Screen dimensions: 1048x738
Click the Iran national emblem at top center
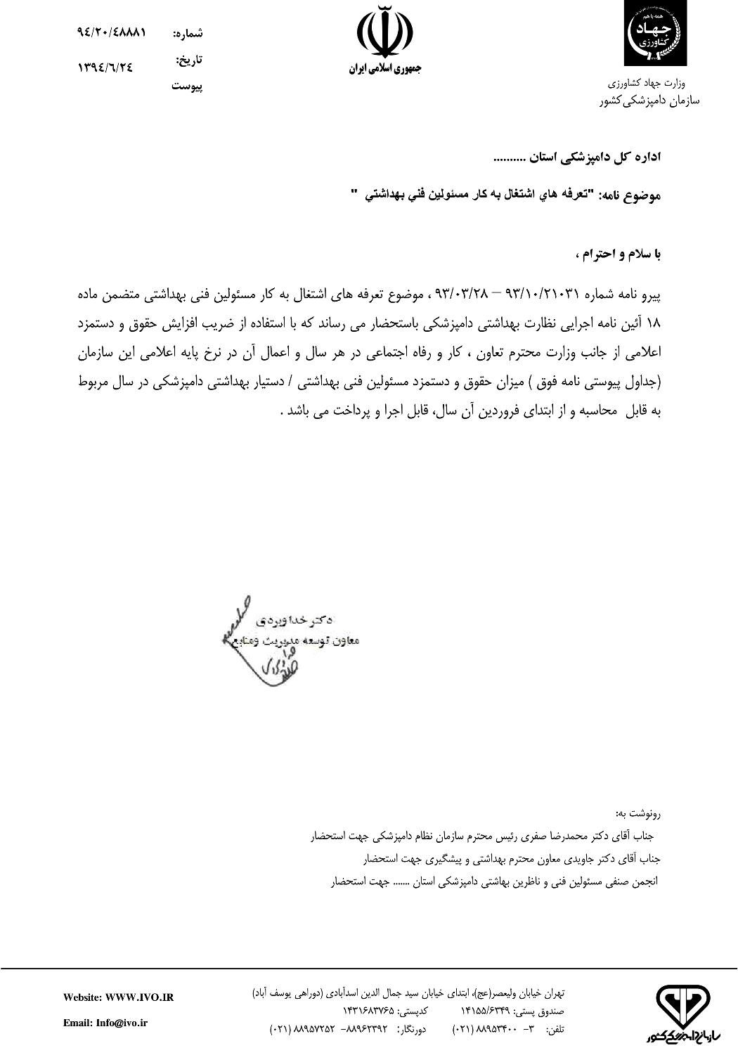pyautogui.click(x=384, y=33)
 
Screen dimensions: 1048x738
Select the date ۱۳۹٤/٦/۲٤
pyautogui.click(x=105, y=67)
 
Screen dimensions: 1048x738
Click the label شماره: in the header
pyautogui.click(x=188, y=33)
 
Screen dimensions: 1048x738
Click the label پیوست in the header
pyautogui.click(x=187, y=87)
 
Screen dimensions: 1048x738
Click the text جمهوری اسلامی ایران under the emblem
pyautogui.click(x=384, y=70)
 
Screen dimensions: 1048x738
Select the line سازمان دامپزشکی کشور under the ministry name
pyautogui.click(x=649, y=101)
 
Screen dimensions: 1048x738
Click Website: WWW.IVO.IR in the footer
pyautogui.click(x=118, y=997)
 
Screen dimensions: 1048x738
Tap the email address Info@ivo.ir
pyautogui.click(x=105, y=1023)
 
